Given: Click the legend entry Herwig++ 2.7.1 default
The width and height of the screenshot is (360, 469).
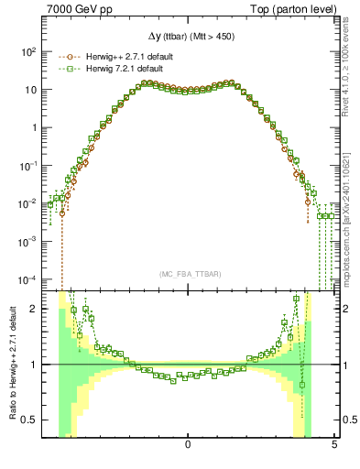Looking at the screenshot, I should pyautogui.click(x=121, y=56).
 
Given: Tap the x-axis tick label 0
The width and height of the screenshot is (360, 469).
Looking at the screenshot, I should pyautogui.click(x=188, y=445).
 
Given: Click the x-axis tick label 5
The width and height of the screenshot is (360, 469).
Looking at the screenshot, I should pyautogui.click(x=334, y=445).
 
